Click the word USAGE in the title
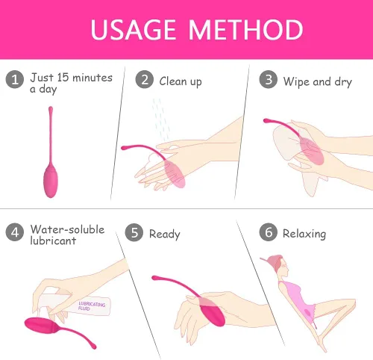[x=133, y=30]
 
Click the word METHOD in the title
[x=245, y=30]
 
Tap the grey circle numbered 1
[x=15, y=79]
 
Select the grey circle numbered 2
[x=145, y=79]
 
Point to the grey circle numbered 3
[x=269, y=79]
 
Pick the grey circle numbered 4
[x=15, y=232]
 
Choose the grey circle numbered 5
[x=134, y=232]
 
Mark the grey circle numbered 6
[x=269, y=232]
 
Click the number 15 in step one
[x=63, y=78]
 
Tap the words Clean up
[x=181, y=81]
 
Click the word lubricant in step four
[x=53, y=240]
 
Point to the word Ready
[x=165, y=235]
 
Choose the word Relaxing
[x=304, y=234]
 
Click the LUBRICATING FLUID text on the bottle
[x=92, y=306]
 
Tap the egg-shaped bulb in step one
[x=51, y=181]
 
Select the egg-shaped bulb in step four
[x=41, y=326]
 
